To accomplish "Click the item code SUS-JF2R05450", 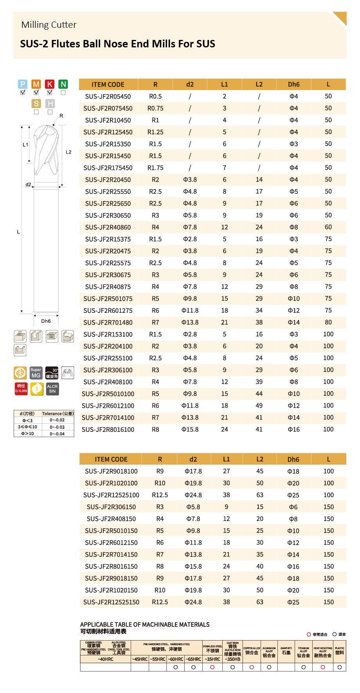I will point(108,96).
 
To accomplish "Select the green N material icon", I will point(63,84).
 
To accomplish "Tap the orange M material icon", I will point(36,84).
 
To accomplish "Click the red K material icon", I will point(50,84).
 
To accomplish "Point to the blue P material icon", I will point(23,84).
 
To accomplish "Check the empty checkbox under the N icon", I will point(63,93).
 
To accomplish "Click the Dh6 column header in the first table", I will point(293,85).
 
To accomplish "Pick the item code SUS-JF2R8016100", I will point(108,430).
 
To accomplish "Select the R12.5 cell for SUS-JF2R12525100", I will point(160,495).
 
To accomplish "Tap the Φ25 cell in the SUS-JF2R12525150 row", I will point(293,602).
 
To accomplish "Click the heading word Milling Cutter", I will point(49,25).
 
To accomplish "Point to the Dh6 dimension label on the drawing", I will point(46,321).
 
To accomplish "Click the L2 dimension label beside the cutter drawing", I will point(68,152).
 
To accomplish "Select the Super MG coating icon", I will point(36,373).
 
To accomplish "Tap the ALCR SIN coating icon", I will point(52,389).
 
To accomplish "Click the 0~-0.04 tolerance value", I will point(57,434).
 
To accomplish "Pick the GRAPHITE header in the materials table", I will point(286,651).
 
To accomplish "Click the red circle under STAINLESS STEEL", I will point(212,667).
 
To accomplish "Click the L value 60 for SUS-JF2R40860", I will point(328,227).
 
